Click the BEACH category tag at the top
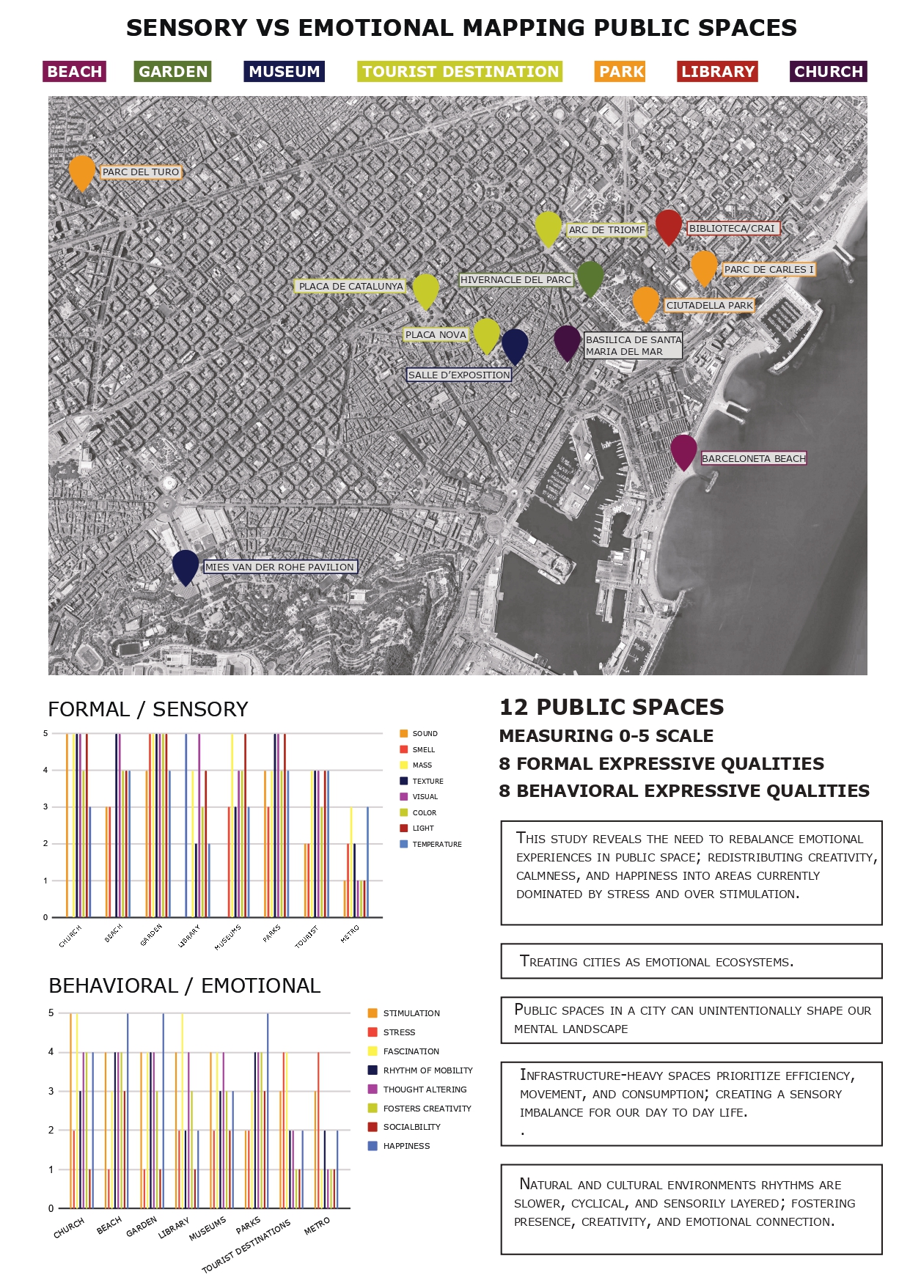[x=74, y=72]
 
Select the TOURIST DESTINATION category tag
[x=460, y=72]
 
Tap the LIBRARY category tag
[x=717, y=72]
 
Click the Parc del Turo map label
[x=141, y=172]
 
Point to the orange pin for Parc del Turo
[x=82, y=172]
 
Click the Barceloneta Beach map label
[x=753, y=459]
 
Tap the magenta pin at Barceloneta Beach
[x=683, y=450]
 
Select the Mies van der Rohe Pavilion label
[x=279, y=567]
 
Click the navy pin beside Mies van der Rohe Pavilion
[x=186, y=566]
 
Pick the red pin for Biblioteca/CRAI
[x=668, y=226]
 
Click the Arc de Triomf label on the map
[x=606, y=230]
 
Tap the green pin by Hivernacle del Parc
[x=590, y=277]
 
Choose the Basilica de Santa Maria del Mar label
[x=634, y=345]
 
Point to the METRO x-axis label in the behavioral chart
[x=318, y=1225]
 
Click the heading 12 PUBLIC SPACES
[x=612, y=708]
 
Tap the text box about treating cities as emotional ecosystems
[x=691, y=961]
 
